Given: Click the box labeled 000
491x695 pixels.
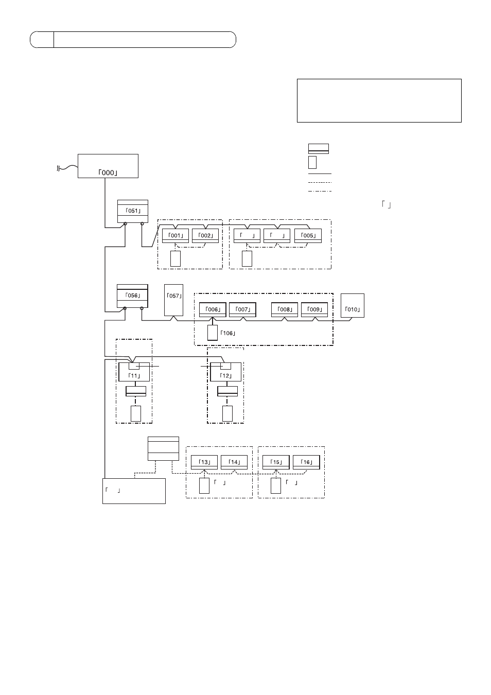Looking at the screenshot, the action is pyautogui.click(x=108, y=166).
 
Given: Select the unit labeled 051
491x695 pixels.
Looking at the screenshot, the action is pyautogui.click(x=133, y=211).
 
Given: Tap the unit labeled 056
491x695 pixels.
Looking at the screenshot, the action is pyautogui.click(x=132, y=296).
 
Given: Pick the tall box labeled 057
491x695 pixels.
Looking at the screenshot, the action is pyautogui.click(x=173, y=300).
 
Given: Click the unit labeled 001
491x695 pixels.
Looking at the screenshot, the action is pyautogui.click(x=176, y=236).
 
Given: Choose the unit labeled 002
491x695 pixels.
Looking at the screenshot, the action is pyautogui.click(x=205, y=236).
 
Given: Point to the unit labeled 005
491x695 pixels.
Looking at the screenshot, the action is pyautogui.click(x=308, y=236).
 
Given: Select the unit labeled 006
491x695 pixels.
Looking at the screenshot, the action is pyautogui.click(x=213, y=309).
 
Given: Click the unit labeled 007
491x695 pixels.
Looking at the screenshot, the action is pyautogui.click(x=242, y=309).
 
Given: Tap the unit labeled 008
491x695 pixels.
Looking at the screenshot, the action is pyautogui.click(x=285, y=309).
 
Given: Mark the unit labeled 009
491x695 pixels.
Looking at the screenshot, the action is pyautogui.click(x=314, y=309).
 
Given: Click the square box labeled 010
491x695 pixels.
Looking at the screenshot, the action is pyautogui.click(x=353, y=306).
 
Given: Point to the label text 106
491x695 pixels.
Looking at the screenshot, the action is pyautogui.click(x=228, y=333).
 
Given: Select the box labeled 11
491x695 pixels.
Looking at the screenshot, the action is pyautogui.click(x=134, y=372).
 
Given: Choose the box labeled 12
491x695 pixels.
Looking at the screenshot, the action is pyautogui.click(x=225, y=372).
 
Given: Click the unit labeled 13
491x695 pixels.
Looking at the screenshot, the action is pyautogui.click(x=204, y=462).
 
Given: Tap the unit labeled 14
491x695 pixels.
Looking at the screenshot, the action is pyautogui.click(x=234, y=462).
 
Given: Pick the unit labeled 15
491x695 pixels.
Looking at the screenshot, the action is pyautogui.click(x=276, y=462).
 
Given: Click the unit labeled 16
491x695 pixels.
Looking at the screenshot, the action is pyautogui.click(x=306, y=462).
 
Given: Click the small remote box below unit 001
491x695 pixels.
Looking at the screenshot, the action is pyautogui.click(x=176, y=259).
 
